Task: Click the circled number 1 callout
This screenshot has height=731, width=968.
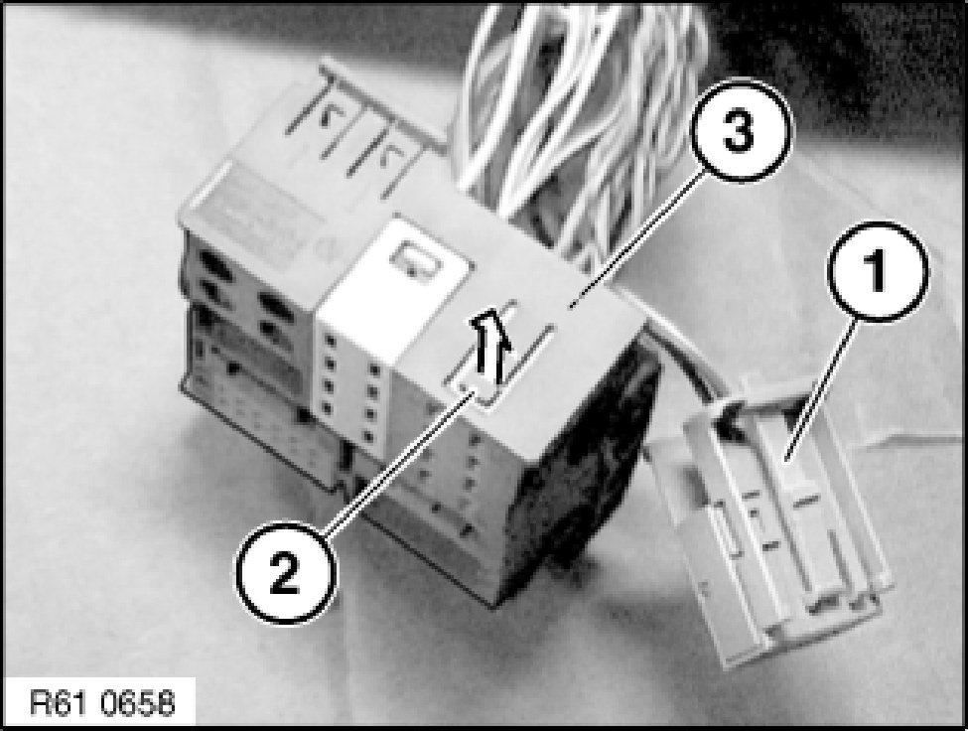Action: coord(877,272)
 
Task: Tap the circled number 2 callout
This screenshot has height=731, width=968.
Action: coord(285,573)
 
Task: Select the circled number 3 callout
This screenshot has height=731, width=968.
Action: coord(739,131)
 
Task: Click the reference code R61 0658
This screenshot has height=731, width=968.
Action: coord(102,703)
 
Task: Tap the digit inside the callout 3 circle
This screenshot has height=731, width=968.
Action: coord(739,131)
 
